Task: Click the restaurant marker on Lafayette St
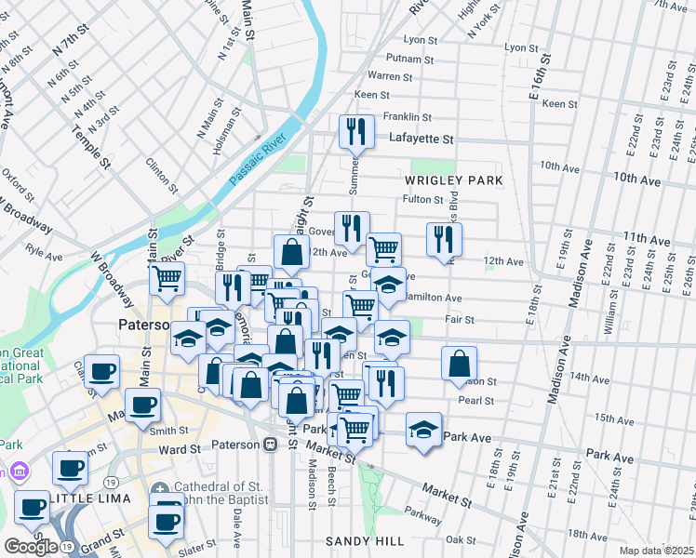tap(355, 132)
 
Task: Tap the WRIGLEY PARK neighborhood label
tap(453, 179)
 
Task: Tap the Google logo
tap(31, 547)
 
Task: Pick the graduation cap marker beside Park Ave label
tap(423, 430)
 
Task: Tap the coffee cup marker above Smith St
tap(142, 405)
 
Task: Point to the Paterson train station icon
tap(270, 445)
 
